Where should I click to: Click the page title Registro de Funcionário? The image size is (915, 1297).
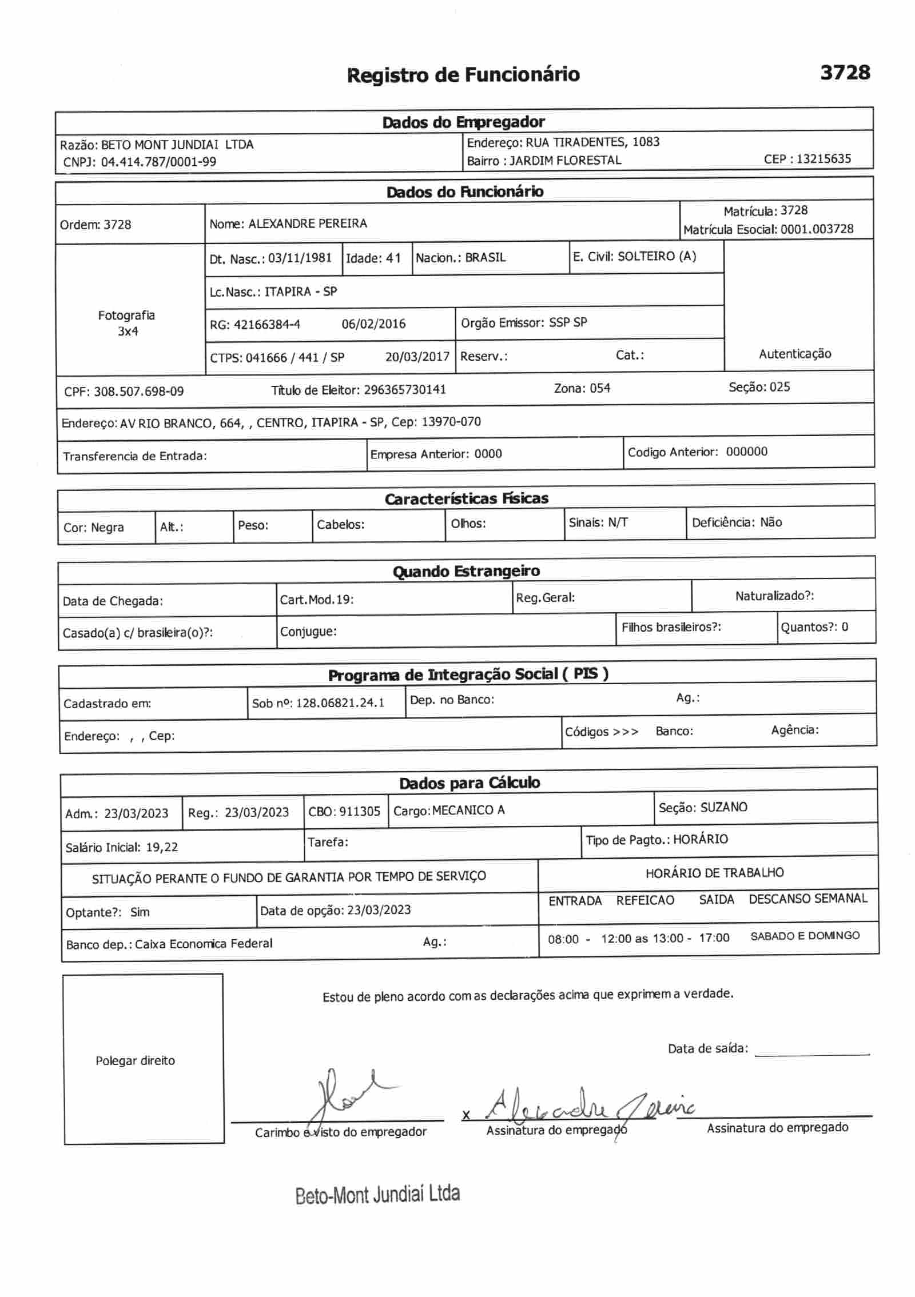[x=463, y=75]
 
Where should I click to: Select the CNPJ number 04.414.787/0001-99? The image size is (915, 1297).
[x=158, y=162]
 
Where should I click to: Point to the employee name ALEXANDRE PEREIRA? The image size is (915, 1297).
[x=307, y=224]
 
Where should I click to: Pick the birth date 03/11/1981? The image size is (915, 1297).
[x=300, y=258]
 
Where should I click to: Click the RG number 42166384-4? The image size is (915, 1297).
[x=266, y=325]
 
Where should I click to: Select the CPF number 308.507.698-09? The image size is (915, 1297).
[x=139, y=392]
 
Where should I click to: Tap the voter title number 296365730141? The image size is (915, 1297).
[x=404, y=390]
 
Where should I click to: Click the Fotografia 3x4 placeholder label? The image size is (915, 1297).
[x=126, y=323]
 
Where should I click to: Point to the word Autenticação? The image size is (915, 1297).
[x=794, y=354]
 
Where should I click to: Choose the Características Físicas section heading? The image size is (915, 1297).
[x=466, y=499]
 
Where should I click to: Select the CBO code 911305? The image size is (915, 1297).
[x=360, y=811]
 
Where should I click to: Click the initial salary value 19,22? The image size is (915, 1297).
[x=162, y=847]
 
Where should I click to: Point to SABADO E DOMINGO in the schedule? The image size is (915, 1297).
[x=805, y=936]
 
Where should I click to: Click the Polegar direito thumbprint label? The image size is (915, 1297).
[x=135, y=1061]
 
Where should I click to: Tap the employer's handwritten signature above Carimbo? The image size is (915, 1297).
[x=343, y=1095]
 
